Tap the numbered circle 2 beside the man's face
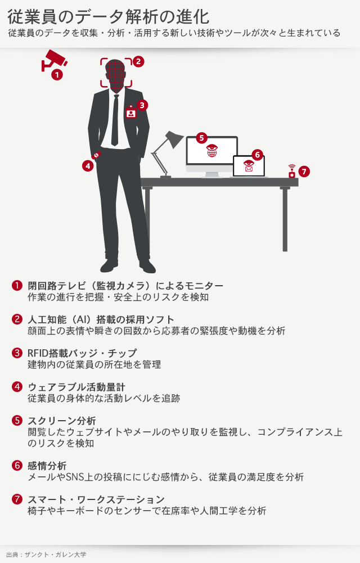click(x=138, y=61)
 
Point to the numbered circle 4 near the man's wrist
click(x=87, y=165)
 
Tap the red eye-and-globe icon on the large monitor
click(x=212, y=151)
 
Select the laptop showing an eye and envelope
click(x=249, y=166)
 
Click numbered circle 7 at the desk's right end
click(x=304, y=171)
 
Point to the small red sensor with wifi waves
click(x=291, y=172)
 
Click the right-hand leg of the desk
click(x=285, y=219)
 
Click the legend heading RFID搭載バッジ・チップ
click(x=82, y=353)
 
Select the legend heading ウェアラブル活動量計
click(x=76, y=386)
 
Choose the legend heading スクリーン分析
click(x=62, y=420)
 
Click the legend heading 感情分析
click(x=47, y=465)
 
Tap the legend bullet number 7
click(x=17, y=499)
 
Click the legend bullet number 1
click(x=17, y=285)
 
